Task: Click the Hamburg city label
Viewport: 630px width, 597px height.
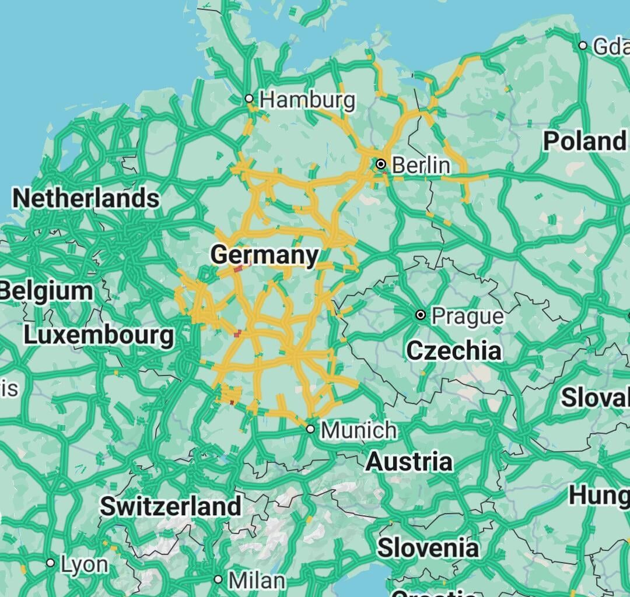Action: tap(307, 100)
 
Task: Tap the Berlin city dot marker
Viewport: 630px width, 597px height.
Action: tap(381, 164)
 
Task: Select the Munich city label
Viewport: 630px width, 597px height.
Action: tap(359, 430)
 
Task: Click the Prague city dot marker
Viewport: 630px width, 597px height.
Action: tap(421, 315)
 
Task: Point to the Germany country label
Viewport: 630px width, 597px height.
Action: tap(265, 255)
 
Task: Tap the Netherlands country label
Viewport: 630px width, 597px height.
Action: tap(85, 198)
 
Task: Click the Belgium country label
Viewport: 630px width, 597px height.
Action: tap(47, 290)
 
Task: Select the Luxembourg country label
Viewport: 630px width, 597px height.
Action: tap(99, 335)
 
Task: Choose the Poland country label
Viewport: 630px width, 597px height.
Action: tap(584, 141)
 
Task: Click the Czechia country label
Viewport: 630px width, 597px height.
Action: tap(453, 350)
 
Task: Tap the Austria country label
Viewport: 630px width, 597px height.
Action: tap(409, 461)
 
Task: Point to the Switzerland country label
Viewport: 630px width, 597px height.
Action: tap(170, 505)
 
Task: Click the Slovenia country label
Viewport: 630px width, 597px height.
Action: tap(428, 548)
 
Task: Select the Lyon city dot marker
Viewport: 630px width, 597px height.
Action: tap(51, 563)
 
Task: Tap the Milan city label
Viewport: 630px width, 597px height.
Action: tap(257, 580)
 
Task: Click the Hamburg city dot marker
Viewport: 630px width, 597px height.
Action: tap(249, 98)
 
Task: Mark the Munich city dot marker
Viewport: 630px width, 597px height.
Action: tap(310, 429)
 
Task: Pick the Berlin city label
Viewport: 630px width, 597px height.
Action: tap(421, 165)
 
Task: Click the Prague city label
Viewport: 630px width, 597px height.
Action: tap(467, 316)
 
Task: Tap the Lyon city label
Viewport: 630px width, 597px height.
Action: tap(85, 564)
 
